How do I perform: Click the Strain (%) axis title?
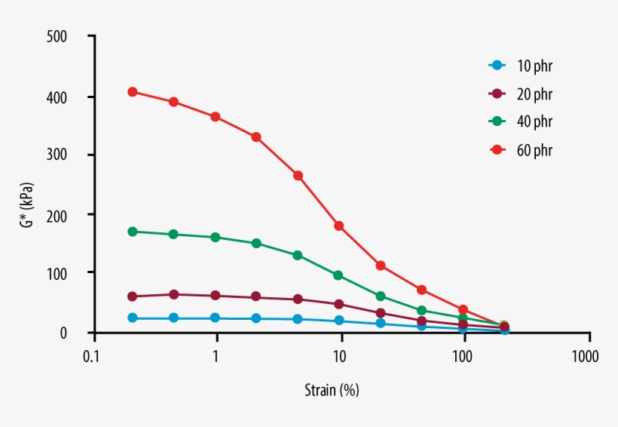331,391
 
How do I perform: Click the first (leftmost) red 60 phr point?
133,92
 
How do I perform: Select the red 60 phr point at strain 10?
339,226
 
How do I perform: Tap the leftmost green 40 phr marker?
133,232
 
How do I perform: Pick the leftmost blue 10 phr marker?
133,318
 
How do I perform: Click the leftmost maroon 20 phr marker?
133,296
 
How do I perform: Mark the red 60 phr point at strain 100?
463,310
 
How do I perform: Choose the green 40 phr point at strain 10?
338,275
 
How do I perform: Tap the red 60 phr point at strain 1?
216,117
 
